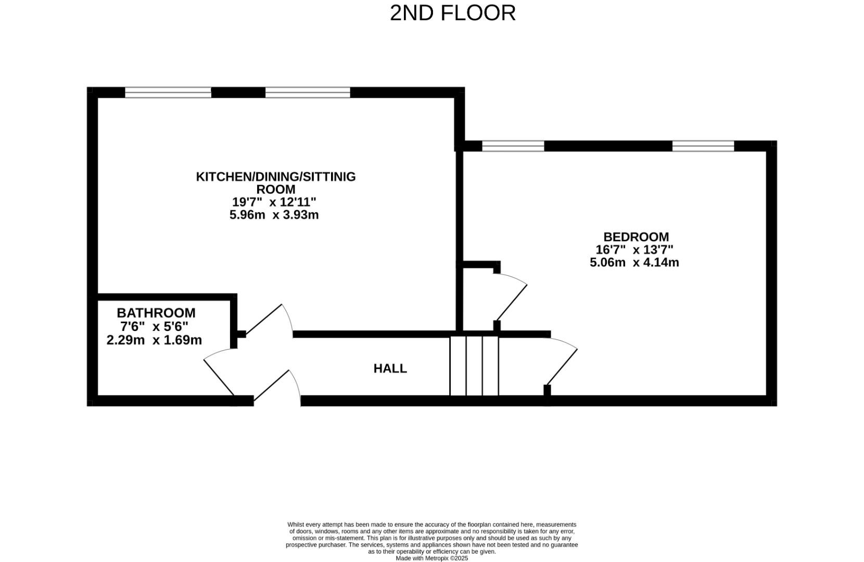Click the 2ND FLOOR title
coord(452,13)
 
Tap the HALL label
coord(390,368)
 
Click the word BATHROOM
coord(156,313)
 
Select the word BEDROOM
coord(636,237)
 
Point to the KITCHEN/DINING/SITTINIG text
coord(275,176)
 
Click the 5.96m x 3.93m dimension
coord(274,214)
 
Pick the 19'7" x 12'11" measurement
coord(274,202)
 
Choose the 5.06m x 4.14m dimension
coord(634,262)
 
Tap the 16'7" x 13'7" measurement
coord(634,250)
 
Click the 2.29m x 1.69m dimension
coord(154,340)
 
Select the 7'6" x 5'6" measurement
coord(154,327)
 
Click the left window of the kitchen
coord(168,93)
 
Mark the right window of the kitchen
coord(308,93)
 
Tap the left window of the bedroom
coord(513,146)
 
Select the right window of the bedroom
coord(703,146)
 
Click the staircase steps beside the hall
coord(474,366)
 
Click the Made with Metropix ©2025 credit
coord(431,558)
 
